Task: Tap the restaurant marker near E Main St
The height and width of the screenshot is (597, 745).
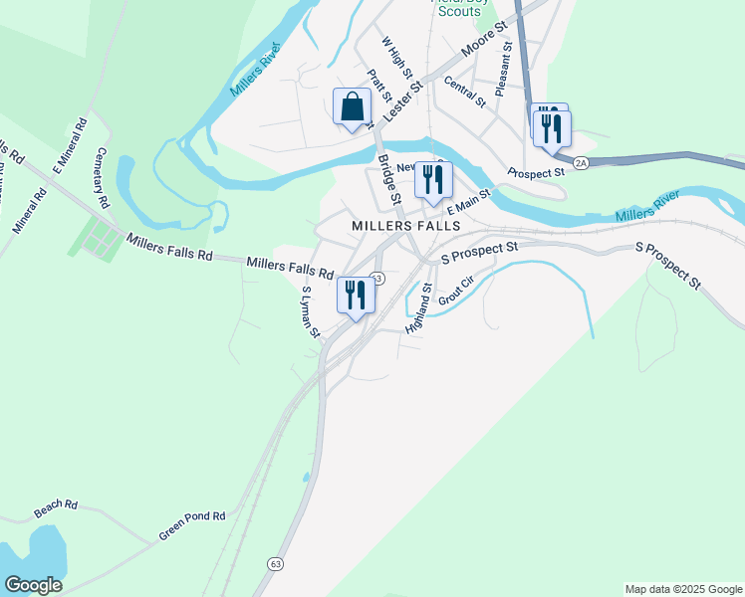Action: tap(432, 180)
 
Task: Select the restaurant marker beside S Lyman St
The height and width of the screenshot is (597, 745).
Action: tap(356, 295)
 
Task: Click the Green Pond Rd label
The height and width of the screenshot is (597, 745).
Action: tap(192, 526)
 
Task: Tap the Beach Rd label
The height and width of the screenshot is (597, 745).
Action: tap(56, 508)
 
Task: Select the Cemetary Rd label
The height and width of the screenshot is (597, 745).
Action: tap(99, 177)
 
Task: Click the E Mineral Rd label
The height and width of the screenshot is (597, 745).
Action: tap(71, 146)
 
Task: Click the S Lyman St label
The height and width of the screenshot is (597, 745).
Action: tap(310, 312)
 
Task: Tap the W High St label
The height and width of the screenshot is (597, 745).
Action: tap(396, 58)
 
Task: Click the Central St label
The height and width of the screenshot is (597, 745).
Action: tap(465, 92)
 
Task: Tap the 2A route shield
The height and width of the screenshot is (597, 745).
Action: tap(582, 160)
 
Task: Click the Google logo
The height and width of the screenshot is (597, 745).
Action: tap(33, 585)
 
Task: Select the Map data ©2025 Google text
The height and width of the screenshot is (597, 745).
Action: tap(682, 589)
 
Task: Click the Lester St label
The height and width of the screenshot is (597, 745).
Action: tap(402, 102)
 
